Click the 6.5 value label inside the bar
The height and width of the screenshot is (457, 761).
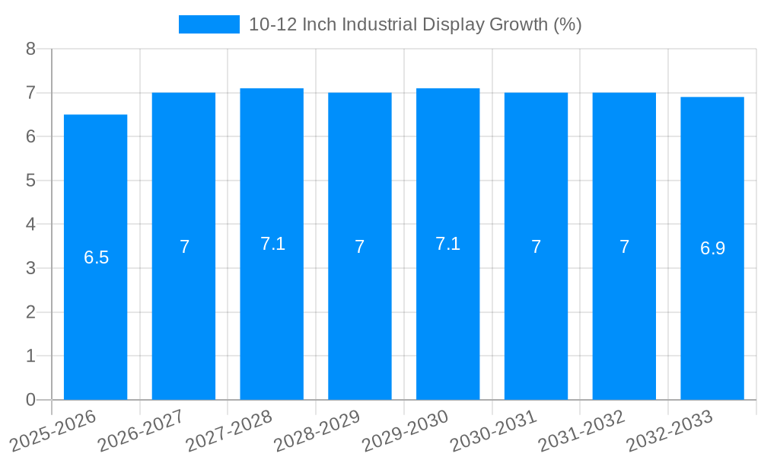tap(96, 257)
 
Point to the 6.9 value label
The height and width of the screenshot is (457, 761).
tap(712, 248)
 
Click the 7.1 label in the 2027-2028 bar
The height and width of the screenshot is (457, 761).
tap(272, 244)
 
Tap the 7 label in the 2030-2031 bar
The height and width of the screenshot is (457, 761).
tap(536, 247)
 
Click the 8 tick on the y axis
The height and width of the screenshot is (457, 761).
tap(30, 49)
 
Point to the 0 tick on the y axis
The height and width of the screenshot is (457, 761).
tap(30, 400)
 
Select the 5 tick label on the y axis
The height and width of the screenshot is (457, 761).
tap(30, 181)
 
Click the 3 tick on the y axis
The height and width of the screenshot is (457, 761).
tap(30, 268)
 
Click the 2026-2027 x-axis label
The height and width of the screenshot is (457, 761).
tap(141, 430)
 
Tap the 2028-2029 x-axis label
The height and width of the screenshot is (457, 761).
tap(317, 430)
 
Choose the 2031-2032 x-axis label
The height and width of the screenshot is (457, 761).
tap(581, 430)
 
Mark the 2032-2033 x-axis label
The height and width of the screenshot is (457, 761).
tap(669, 430)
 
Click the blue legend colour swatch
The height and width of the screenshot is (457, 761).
tap(209, 24)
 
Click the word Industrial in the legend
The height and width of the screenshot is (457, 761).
tap(379, 24)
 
